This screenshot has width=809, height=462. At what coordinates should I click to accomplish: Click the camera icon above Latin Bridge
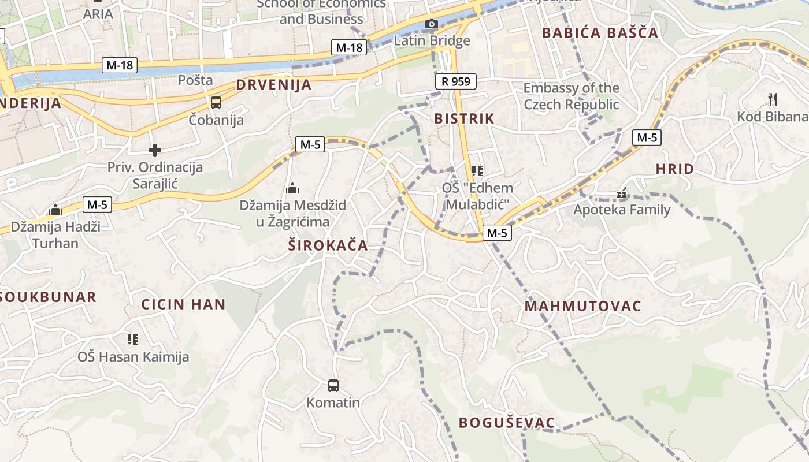coord(431,24)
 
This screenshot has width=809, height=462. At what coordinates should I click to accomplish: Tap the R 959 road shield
coord(455,81)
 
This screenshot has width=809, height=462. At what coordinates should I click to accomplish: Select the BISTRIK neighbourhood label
coord(464,119)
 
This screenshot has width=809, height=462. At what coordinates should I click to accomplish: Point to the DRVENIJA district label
coord(273,85)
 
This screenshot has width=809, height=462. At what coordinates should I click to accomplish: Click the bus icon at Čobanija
coord(216,103)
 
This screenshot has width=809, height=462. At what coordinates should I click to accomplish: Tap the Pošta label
coord(195,80)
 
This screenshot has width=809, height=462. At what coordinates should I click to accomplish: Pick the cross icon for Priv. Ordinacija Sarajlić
coord(155,150)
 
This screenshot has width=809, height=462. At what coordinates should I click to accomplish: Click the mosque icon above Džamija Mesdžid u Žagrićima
coord(292,188)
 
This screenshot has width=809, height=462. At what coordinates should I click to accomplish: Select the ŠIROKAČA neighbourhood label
coord(328,245)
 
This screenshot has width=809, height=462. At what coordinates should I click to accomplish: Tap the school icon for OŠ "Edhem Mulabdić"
coord(477,170)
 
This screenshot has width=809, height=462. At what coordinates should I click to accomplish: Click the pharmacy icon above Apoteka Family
coord(622,193)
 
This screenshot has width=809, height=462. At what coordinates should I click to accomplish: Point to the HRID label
coord(674,169)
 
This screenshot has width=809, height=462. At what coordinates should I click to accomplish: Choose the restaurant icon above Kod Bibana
coord(773,99)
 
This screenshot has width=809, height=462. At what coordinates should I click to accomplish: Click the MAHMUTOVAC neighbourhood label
coord(582,306)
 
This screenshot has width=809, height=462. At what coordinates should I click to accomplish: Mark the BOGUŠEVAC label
coord(506,423)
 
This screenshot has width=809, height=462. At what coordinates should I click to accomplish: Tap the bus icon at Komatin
coord(333,385)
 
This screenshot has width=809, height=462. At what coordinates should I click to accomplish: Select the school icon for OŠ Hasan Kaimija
coord(133,339)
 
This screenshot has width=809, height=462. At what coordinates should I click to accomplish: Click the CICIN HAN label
coord(183,304)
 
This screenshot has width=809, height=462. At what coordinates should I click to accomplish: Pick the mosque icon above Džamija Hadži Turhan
coord(55,209)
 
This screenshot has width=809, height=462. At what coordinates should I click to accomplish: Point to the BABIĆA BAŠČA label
coord(600,33)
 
